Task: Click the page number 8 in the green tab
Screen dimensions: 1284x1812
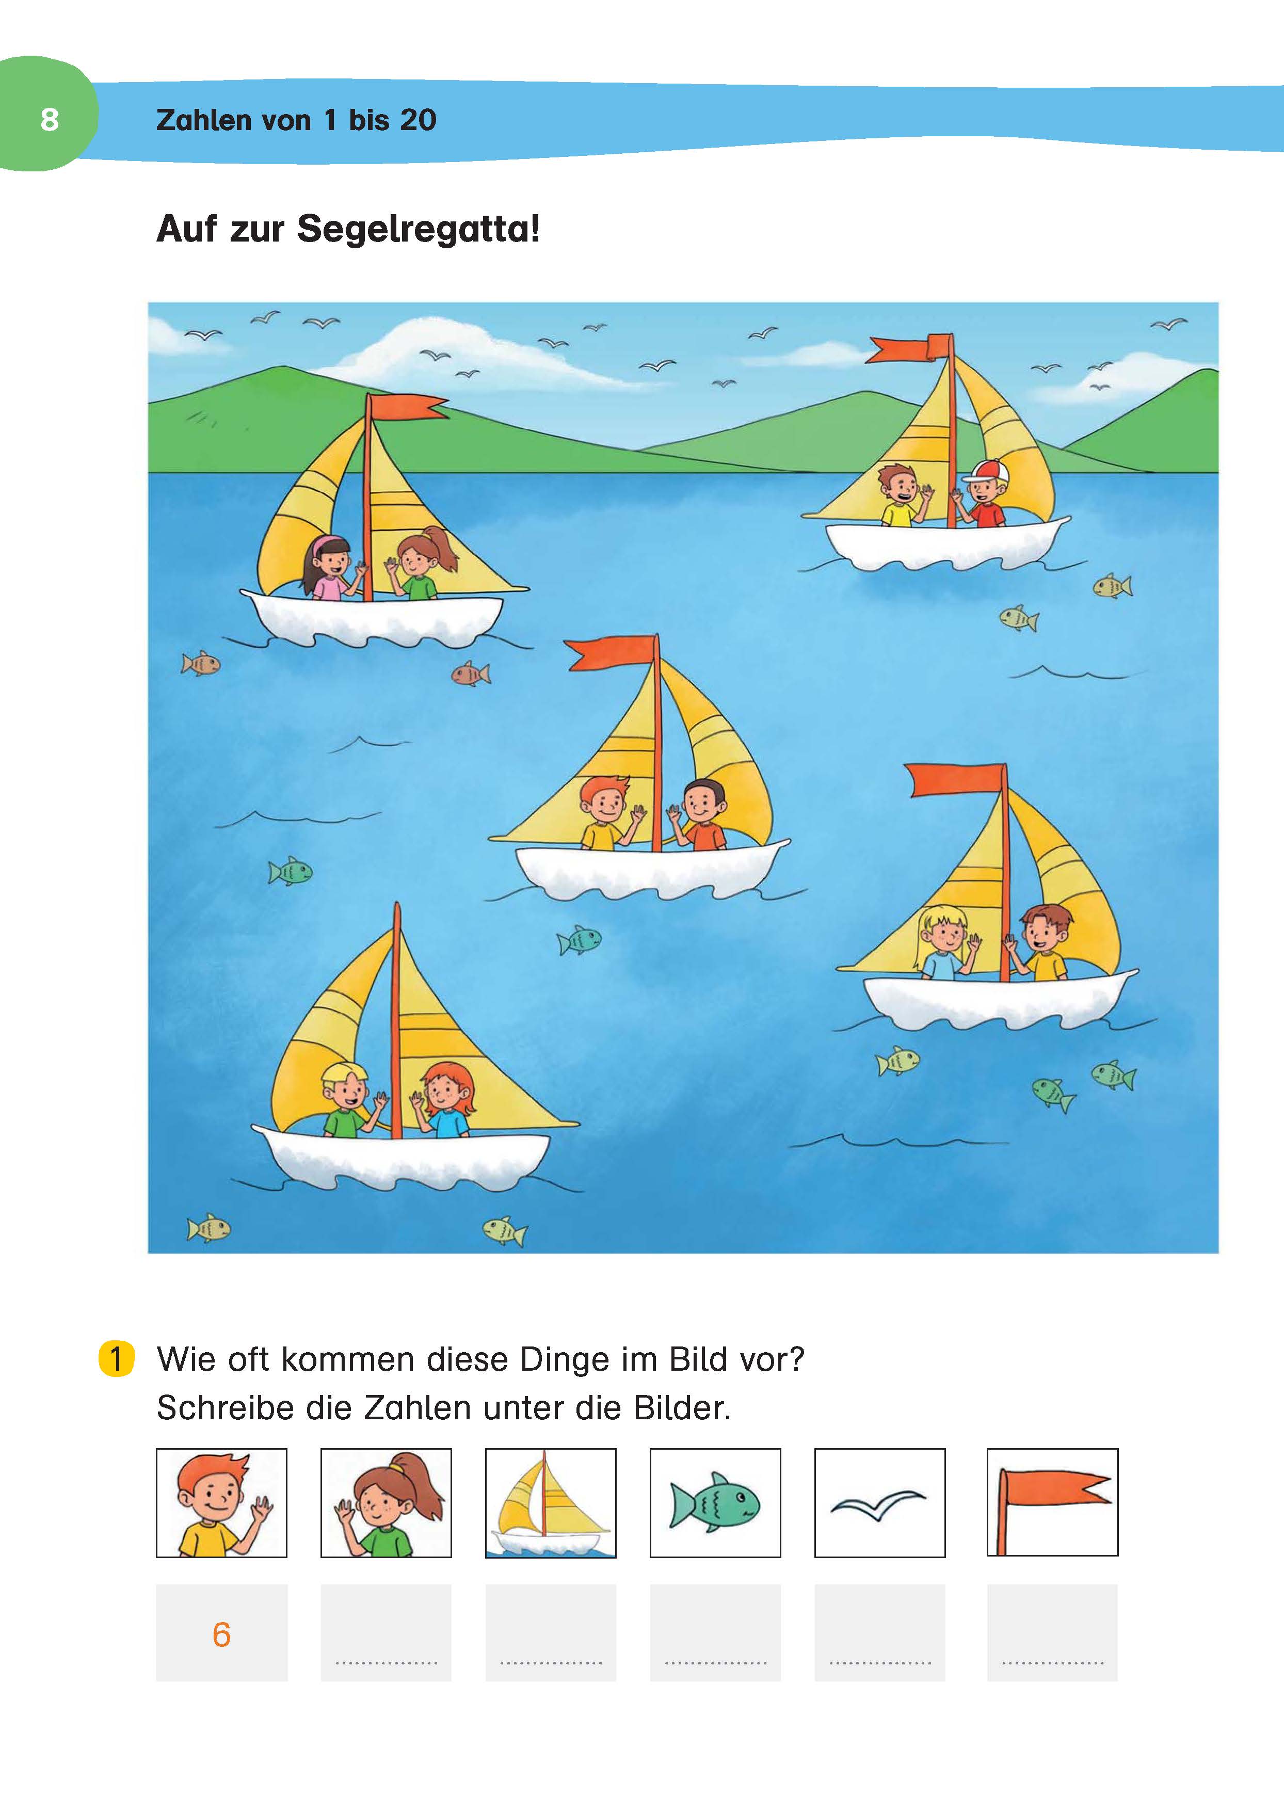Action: coord(49,119)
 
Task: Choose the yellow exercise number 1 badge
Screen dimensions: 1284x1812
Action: coord(116,1359)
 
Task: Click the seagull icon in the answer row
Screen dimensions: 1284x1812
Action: coord(878,1504)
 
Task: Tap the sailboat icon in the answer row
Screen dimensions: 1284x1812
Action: coord(550,1504)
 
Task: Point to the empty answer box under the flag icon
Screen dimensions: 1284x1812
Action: coord(1052,1632)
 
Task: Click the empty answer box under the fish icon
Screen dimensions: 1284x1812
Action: coord(715,1632)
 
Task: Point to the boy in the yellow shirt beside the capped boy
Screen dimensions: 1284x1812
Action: coord(902,495)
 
